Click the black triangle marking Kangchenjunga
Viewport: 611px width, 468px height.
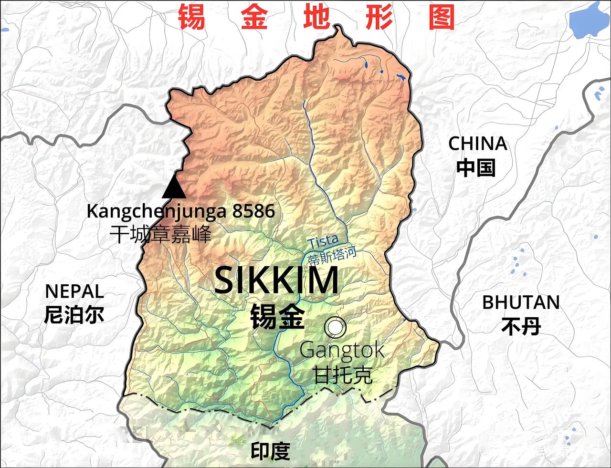coord(173,188)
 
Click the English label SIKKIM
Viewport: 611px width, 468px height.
coord(276,281)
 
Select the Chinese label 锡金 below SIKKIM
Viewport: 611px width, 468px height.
coord(277,316)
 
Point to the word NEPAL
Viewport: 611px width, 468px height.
coord(74,291)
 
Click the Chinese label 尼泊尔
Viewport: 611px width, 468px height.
coord(74,315)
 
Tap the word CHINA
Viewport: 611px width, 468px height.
coord(477,144)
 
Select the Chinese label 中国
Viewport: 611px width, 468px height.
coord(476,168)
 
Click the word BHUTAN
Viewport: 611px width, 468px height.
coord(521,302)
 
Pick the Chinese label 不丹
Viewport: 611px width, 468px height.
coord(521,327)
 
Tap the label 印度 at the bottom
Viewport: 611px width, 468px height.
coord(271,451)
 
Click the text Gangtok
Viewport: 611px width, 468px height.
coord(342,351)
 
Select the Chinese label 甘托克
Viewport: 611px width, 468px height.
coord(342,374)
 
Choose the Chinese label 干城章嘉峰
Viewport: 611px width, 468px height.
coord(160,235)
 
